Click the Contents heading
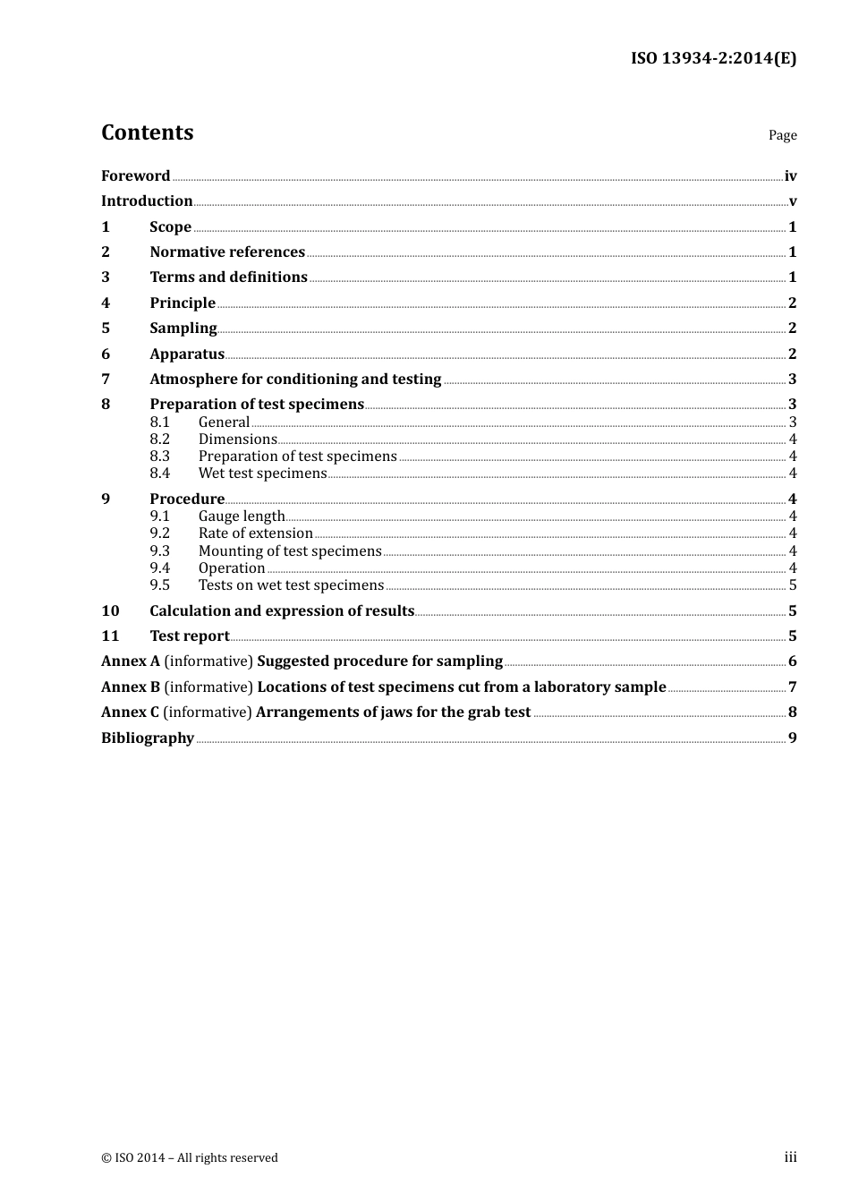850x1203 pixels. click(147, 132)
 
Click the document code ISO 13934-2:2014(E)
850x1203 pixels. click(713, 58)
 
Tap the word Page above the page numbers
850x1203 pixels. click(782, 135)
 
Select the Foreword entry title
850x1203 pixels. click(135, 176)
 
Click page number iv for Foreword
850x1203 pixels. click(790, 176)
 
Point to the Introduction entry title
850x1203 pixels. click(147, 201)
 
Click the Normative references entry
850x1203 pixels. click(227, 252)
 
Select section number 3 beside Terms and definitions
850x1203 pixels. click(106, 277)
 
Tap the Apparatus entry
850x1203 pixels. click(187, 354)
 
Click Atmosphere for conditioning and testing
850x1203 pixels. click(295, 380)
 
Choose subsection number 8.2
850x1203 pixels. click(160, 439)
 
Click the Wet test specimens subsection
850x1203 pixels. click(262, 474)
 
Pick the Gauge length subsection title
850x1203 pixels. click(241, 516)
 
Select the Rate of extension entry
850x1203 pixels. click(255, 533)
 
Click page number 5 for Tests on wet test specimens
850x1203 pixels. click(793, 585)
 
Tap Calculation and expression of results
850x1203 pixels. click(282, 611)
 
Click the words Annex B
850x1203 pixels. click(131, 687)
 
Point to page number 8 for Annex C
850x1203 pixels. click(793, 712)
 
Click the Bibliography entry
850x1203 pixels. click(148, 738)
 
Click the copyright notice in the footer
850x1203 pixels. click(190, 1158)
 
